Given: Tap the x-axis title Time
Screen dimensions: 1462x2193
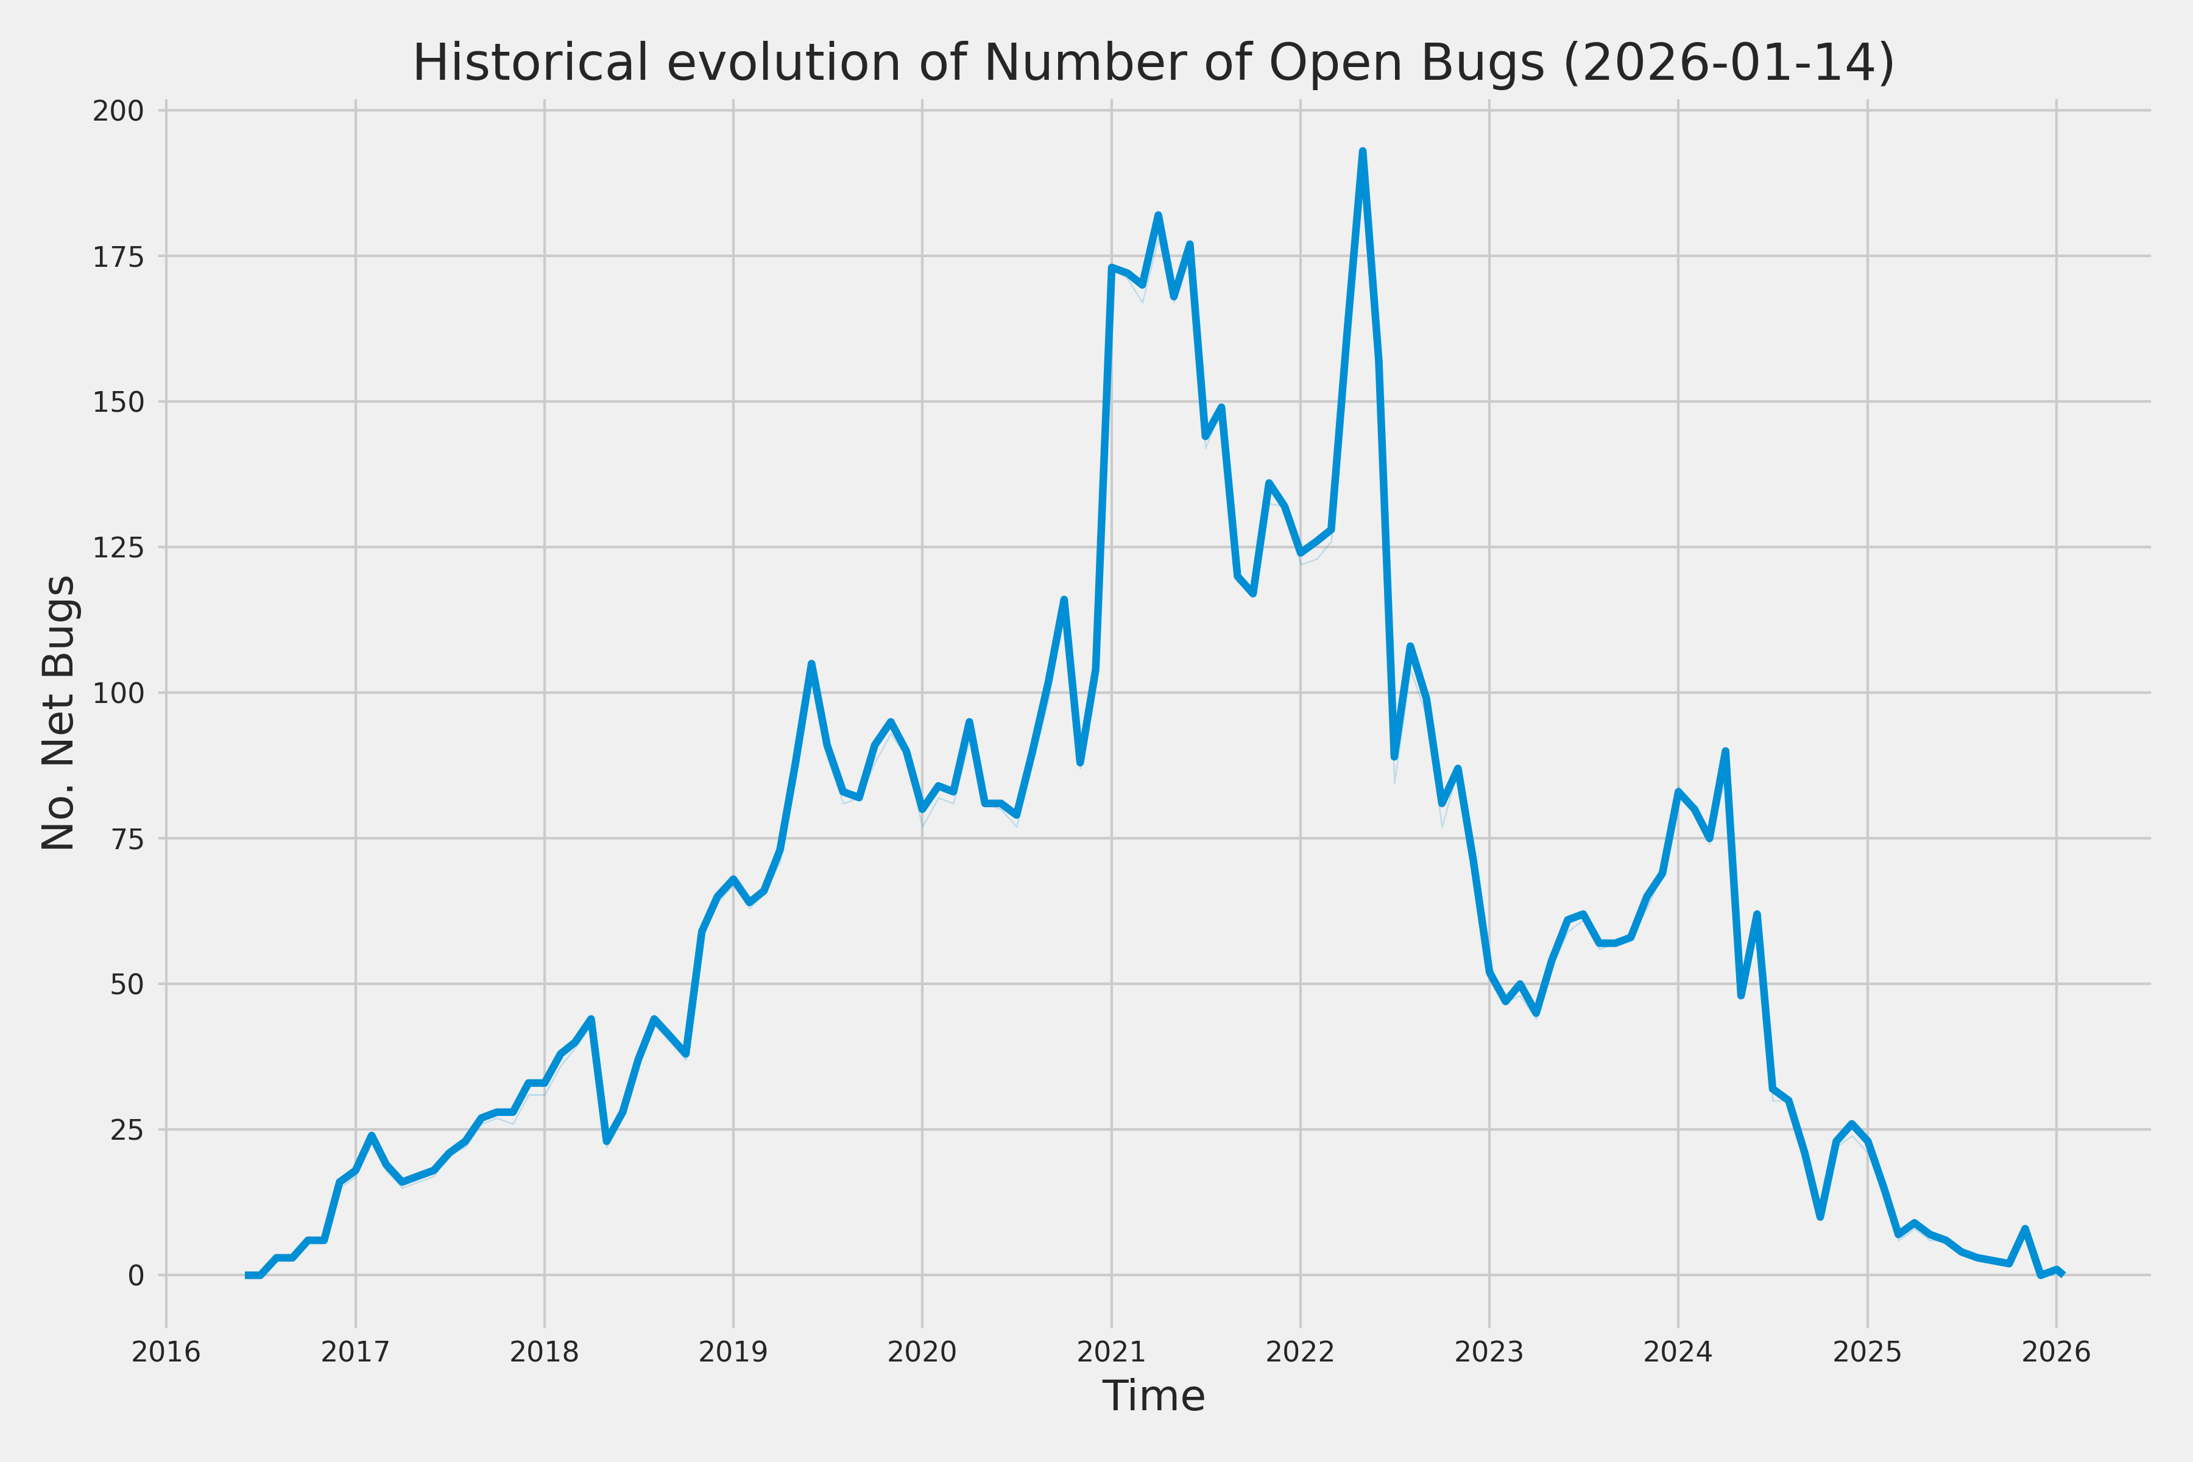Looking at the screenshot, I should click(1153, 1396).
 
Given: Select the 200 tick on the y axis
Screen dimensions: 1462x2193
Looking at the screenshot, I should click(118, 111).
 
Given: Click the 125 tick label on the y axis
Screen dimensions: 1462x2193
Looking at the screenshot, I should click(118, 547).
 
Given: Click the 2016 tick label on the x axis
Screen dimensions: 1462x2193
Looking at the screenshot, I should click(166, 1352).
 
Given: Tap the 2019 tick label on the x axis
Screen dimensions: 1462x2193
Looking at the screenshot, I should click(733, 1352).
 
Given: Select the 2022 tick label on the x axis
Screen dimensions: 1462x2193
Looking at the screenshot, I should click(1300, 1352).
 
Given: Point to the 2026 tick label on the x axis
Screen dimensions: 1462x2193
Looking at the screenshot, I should click(2056, 1352).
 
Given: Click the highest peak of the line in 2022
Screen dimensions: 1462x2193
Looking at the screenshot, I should click(1362, 151).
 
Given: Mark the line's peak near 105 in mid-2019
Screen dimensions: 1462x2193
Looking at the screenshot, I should click(811, 664).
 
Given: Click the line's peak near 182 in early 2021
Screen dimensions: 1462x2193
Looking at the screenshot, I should click(1158, 216).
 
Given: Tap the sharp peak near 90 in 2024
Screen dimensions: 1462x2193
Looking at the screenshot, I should click(1725, 752).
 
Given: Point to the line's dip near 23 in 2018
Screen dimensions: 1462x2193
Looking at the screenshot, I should click(607, 1140).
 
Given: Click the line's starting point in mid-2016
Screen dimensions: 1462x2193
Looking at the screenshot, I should click(248, 1274).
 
